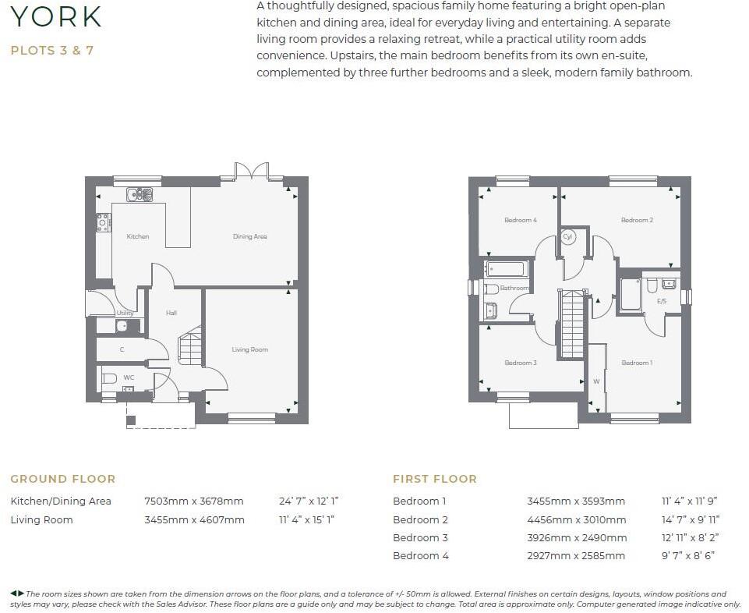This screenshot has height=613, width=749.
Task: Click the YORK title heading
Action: [56, 16]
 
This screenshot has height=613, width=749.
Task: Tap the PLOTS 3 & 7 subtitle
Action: [51, 51]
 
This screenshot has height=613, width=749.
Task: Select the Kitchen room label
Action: [137, 236]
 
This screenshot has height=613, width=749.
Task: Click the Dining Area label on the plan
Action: [249, 236]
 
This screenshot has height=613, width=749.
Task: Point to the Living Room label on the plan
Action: [249, 349]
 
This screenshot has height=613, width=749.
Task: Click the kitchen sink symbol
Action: [140, 194]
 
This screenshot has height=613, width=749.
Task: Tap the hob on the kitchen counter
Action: [103, 223]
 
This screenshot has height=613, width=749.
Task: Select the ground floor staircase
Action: [191, 348]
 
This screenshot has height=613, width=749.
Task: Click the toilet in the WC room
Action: [109, 378]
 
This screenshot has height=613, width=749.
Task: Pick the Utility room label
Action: [125, 313]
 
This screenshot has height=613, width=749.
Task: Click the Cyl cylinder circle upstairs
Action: [567, 236]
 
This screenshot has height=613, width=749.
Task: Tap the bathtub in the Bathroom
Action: [507, 270]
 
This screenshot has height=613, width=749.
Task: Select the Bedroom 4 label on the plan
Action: [520, 220]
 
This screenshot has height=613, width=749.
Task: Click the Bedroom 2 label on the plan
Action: [637, 220]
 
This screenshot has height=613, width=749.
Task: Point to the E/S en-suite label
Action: [662, 301]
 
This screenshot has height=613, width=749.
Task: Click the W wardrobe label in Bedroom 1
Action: [596, 381]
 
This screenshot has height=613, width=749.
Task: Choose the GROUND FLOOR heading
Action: [62, 479]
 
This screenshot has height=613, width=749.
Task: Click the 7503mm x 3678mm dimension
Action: [193, 501]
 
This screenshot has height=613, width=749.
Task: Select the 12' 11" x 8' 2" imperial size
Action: [687, 537]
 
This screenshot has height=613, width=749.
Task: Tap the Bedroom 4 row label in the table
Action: [421, 555]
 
